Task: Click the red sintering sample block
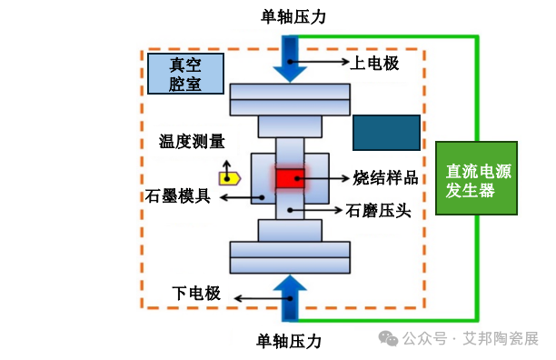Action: tap(290, 178)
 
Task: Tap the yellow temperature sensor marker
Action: tap(230, 178)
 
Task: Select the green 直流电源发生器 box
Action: tap(476, 178)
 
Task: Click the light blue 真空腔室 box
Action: tap(185, 74)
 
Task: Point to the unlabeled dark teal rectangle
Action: tap(386, 133)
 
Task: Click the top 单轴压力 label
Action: tap(293, 17)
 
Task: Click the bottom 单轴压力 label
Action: tap(289, 341)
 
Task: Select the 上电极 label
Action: tap(374, 64)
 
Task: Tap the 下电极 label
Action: tap(196, 294)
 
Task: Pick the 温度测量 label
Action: tap(192, 142)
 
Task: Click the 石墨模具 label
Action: tap(178, 196)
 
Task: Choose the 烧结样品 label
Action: tap(385, 177)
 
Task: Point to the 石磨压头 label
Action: tap(378, 211)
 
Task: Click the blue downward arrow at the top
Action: tap(290, 59)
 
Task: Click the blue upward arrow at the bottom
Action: tap(290, 298)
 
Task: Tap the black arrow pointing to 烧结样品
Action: tap(323, 178)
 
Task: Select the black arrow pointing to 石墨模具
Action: tap(243, 197)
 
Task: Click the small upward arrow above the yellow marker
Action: tap(227, 171)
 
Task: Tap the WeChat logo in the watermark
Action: tap(388, 338)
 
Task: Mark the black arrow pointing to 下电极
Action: tap(263, 299)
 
